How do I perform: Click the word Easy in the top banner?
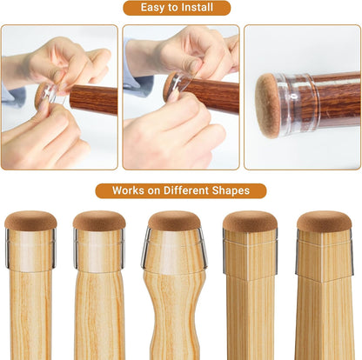tap(152, 8)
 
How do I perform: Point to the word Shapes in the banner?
tap(231, 190)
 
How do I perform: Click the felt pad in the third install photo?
tap(267, 104)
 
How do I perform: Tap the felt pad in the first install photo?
tap(41, 94)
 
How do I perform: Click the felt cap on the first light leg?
tap(30, 221)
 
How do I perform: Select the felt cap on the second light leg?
tap(99, 221)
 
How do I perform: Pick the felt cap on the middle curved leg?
tap(174, 221)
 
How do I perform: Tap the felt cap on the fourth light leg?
tap(250, 221)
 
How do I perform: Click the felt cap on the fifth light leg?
tap(324, 221)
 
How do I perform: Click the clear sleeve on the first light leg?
tap(30, 249)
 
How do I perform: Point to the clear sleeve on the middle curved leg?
tap(174, 250)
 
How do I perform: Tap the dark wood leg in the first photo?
tap(93, 99)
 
